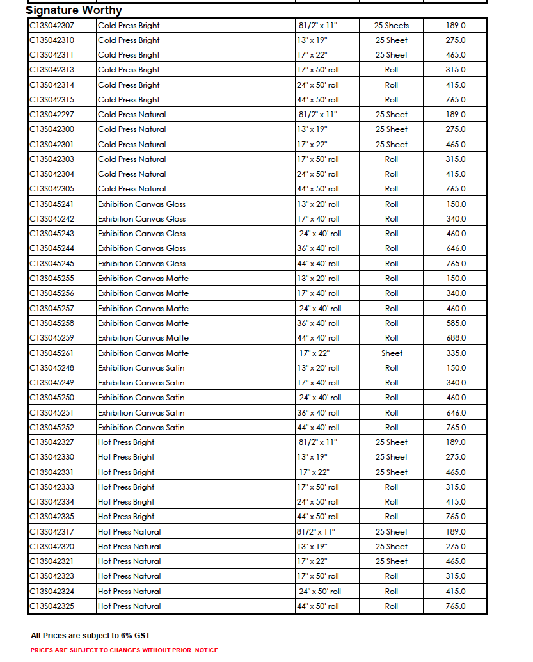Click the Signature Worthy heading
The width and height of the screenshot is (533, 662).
(x=74, y=10)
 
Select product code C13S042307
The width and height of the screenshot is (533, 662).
(x=52, y=26)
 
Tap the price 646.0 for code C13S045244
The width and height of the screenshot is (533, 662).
(x=456, y=248)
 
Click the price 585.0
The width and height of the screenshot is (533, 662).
(x=456, y=323)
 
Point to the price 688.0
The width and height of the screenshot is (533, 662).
(x=456, y=338)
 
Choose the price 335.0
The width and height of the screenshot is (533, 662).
(x=456, y=353)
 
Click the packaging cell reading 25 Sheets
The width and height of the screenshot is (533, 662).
(x=392, y=26)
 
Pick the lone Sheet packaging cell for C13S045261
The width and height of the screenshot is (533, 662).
(x=392, y=353)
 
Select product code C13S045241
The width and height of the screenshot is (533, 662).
(x=52, y=204)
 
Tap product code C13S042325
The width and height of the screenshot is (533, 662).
(x=52, y=606)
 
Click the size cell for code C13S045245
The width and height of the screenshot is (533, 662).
(x=318, y=264)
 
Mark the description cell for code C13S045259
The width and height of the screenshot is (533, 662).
(x=143, y=338)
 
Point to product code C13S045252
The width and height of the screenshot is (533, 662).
(x=52, y=428)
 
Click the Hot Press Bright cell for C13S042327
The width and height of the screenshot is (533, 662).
(x=126, y=442)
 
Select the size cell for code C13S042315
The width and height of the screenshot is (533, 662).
(x=318, y=100)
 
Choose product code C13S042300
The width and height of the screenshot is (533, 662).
(x=52, y=129)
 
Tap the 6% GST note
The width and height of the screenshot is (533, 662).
(x=90, y=636)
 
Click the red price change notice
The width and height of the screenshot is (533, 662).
(x=125, y=650)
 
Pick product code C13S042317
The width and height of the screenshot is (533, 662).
(x=52, y=532)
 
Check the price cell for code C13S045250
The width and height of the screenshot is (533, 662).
(x=456, y=398)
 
